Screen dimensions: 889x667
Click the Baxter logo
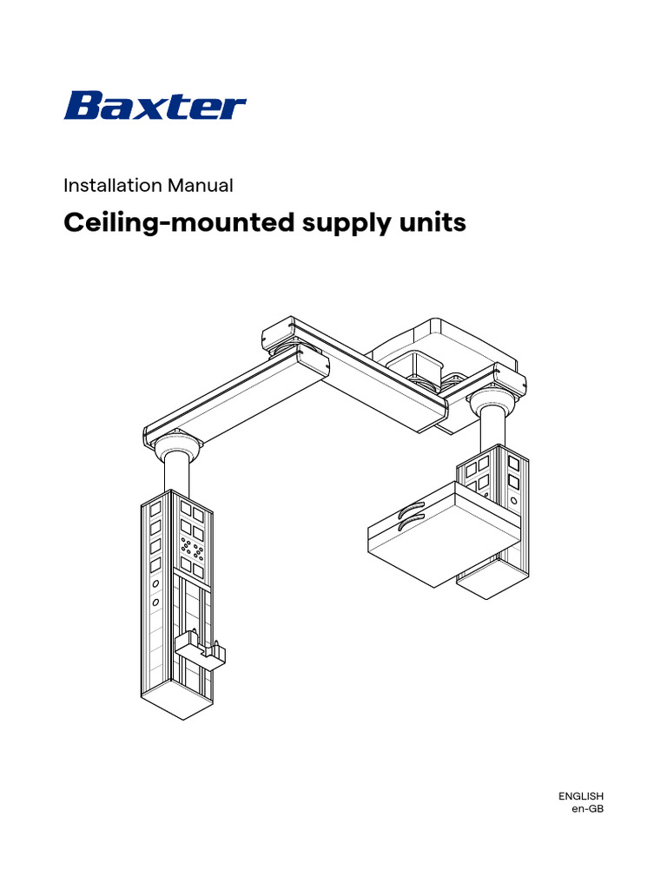point(155,108)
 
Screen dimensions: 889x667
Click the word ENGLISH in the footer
point(580,796)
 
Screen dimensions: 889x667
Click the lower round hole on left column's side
point(155,603)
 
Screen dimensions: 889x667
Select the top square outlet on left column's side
point(155,507)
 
